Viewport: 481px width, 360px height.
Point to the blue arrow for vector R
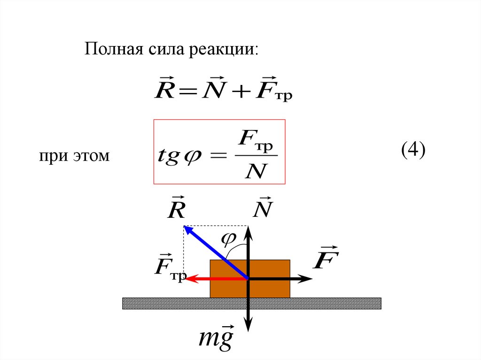click(214, 252)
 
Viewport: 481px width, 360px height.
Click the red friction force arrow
click(211, 279)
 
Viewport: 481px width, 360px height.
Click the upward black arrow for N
click(248, 249)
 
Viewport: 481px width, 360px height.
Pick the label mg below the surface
click(216, 339)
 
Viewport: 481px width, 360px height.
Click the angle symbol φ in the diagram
click(228, 239)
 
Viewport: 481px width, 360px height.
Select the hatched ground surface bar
click(329, 303)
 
